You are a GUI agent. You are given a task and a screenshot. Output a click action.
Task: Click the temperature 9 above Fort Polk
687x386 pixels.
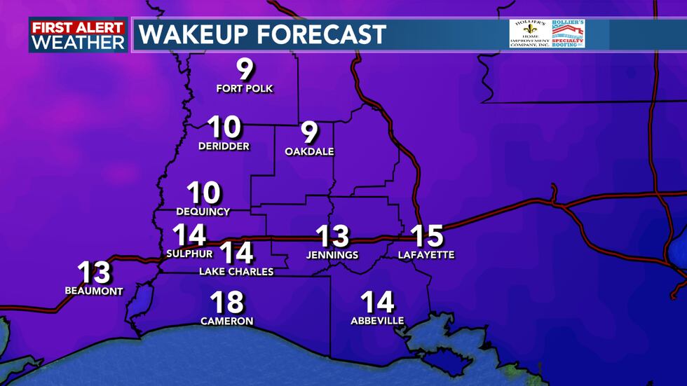244,70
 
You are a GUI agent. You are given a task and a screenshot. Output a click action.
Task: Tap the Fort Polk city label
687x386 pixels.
244,89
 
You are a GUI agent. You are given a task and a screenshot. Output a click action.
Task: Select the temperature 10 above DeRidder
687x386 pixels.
225,127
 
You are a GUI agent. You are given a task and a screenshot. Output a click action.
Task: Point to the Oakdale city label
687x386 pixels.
309,151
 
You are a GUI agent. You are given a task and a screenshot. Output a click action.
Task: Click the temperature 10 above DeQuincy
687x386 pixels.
203,193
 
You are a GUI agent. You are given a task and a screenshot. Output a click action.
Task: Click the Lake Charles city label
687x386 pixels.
236,272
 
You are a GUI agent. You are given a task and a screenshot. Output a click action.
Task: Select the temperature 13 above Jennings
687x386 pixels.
332,236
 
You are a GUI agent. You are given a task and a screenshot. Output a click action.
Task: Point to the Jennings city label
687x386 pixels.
332,255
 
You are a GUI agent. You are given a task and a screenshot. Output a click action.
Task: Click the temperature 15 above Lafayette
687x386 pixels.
426,236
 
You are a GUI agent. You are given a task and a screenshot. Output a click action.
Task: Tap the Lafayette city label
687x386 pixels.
426,255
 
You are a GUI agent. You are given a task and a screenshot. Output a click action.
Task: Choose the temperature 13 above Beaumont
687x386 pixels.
94,273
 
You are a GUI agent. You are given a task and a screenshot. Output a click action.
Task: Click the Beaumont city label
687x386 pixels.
94,291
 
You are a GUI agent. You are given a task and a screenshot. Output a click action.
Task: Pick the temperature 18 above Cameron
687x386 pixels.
226,303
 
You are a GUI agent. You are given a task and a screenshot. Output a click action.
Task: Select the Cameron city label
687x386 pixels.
226,322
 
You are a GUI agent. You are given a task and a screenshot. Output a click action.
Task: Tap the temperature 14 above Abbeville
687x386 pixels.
377,302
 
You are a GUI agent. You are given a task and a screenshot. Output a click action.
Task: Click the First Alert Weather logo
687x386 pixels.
78,35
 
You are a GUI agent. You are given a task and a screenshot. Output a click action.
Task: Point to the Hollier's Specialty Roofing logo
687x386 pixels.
568,34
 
